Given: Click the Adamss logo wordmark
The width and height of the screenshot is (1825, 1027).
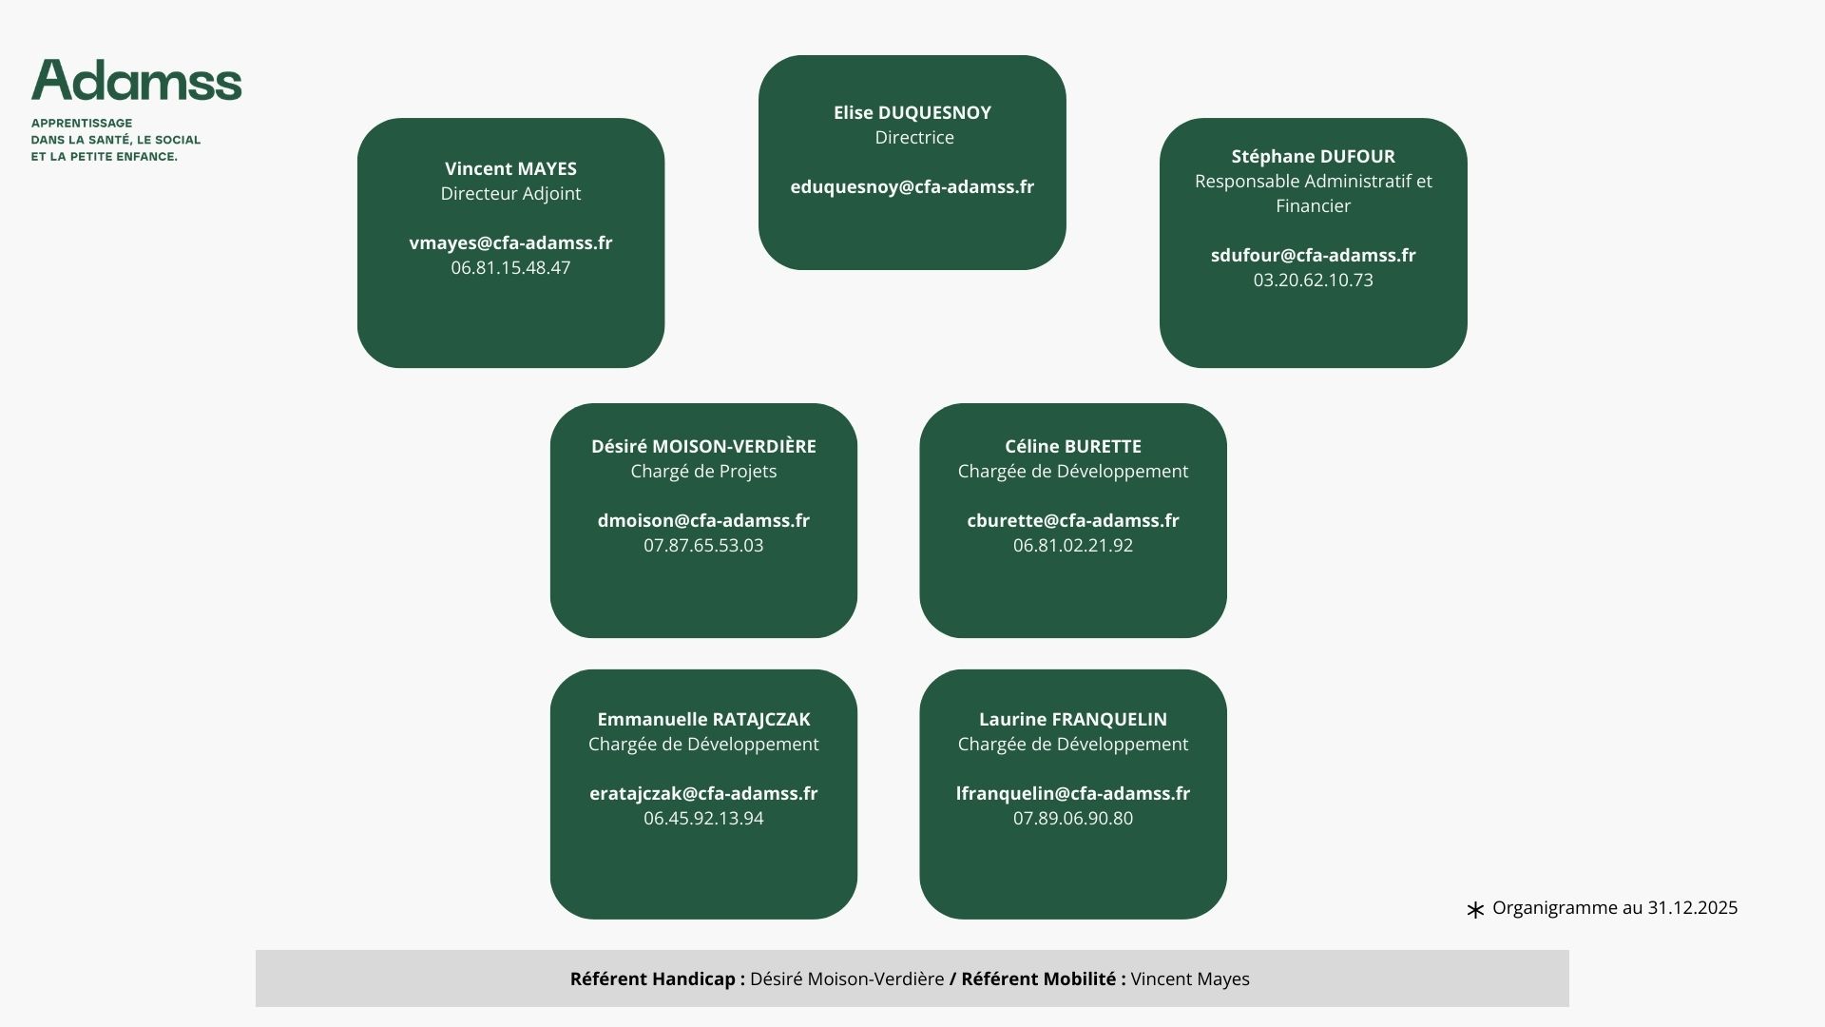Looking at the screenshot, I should pos(136,81).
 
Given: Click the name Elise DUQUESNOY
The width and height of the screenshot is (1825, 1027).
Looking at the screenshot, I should pos(912,112).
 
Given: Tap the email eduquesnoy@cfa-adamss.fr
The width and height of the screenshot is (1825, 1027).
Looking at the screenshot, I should pos(912,186).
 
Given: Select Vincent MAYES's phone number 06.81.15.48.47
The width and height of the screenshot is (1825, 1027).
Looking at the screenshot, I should pos(510,267).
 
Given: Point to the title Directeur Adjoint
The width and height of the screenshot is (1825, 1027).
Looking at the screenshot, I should pos(510,193).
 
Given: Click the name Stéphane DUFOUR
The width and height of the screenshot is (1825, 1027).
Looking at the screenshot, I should pos(1313,156).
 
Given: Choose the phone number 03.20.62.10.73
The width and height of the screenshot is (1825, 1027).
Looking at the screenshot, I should pos(1313,280).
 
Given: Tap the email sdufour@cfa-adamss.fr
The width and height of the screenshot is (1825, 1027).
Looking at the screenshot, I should pos(1313,255).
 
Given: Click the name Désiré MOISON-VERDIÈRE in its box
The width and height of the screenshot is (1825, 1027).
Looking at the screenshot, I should pos(703,446).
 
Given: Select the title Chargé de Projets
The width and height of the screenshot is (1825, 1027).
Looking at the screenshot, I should pos(703,471).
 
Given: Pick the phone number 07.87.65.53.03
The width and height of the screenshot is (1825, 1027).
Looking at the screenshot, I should pos(703,545).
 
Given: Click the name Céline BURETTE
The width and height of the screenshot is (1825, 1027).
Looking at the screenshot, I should pos(1073,446).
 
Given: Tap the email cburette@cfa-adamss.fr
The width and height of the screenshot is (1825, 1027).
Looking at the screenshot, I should pos(1073,520).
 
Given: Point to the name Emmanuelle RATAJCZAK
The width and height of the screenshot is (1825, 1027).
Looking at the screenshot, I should pos(703,719).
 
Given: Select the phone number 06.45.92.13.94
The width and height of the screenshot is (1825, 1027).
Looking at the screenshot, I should pos(703,818).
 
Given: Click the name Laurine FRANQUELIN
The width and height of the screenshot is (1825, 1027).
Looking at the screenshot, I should pos(1073,719).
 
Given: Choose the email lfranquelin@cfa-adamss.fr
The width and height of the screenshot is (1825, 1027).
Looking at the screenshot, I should pos(1073,793).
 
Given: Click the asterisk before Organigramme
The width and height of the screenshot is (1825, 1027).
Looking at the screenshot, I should pos(1475,910).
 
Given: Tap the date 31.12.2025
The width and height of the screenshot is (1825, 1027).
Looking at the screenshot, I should pos(1692,907).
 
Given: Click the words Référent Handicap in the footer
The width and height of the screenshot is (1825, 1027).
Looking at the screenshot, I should pos(653,979).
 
